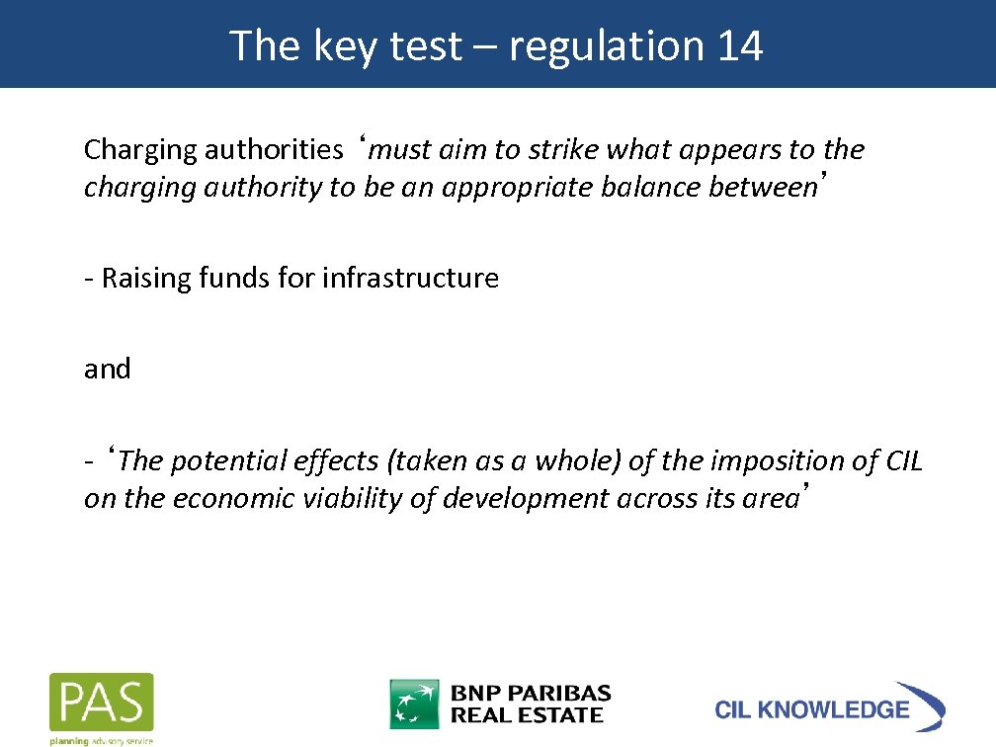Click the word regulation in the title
[x=602, y=47]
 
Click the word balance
[x=650, y=188]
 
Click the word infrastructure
[x=410, y=279]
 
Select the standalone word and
[x=107, y=370]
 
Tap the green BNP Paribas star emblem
[x=414, y=704]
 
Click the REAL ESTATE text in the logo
[x=527, y=715]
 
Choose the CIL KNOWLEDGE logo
[x=829, y=707]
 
